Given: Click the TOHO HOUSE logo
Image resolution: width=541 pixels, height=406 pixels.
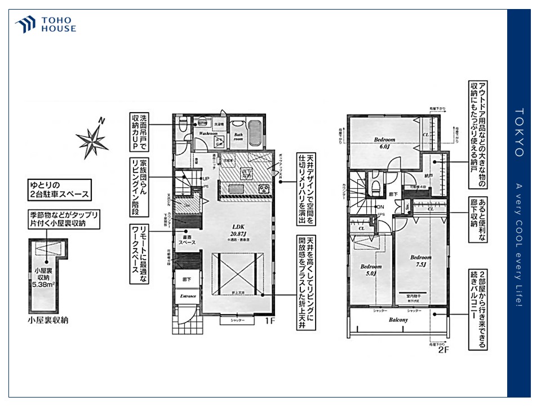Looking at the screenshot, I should [x=46, y=24].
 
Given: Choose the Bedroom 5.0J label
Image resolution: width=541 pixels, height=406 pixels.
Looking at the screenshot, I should [x=371, y=270].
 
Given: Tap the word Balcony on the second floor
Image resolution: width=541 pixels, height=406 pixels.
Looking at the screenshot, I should [x=398, y=320].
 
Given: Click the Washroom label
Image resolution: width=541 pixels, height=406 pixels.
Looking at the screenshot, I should [x=208, y=134].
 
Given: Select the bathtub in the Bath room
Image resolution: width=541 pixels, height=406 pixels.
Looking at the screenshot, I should [x=254, y=135].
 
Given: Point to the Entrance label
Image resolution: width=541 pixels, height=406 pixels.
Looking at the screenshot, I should [x=188, y=295].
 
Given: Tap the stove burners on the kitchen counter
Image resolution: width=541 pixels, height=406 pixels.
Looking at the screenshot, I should [x=264, y=188].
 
